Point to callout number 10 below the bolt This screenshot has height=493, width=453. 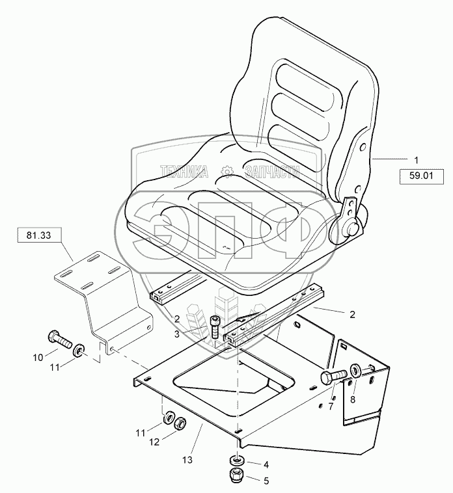pos(37,356)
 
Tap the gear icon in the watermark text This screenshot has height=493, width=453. pos(226,171)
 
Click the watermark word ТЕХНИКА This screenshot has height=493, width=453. pos(184,172)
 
